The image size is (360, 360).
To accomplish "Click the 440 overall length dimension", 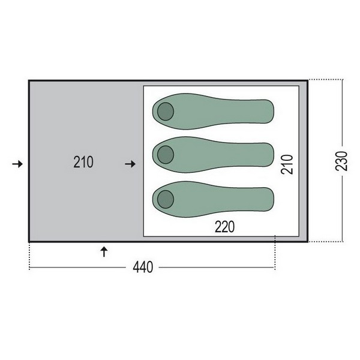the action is [x=143, y=267].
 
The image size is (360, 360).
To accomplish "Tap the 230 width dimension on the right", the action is [x=341, y=161].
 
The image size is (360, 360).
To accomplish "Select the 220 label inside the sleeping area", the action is [x=225, y=227].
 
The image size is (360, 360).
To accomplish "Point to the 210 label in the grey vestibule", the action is [x=83, y=162].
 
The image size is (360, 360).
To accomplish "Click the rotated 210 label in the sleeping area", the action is [x=287, y=164].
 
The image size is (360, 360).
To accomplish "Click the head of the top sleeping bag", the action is [x=166, y=112].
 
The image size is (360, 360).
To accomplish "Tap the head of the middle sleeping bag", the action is [x=166, y=155].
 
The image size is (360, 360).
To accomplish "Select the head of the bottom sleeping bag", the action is [x=166, y=199].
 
